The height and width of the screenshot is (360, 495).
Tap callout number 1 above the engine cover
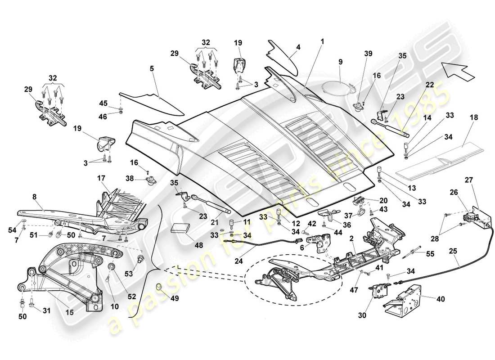tap(322, 41)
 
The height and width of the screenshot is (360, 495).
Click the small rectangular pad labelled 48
tap(180, 226)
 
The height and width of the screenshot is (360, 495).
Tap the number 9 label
tap(340, 61)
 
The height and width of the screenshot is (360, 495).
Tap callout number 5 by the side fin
tap(152, 69)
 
